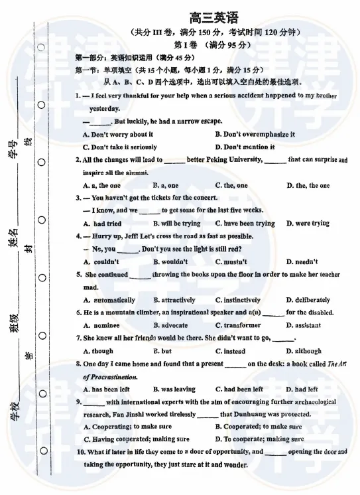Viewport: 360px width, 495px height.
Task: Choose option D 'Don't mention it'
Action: pos(245,147)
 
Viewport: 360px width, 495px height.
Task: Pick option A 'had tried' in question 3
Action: pos(102,224)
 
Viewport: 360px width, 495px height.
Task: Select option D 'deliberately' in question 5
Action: pos(308,300)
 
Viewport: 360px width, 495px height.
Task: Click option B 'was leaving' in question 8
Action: pos(174,389)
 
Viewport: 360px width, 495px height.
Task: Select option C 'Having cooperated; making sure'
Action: pos(136,439)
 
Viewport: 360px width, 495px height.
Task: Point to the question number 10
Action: pos(80,452)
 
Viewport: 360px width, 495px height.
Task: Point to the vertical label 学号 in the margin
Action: pos(12,149)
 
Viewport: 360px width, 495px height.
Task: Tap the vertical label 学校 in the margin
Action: pos(12,413)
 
